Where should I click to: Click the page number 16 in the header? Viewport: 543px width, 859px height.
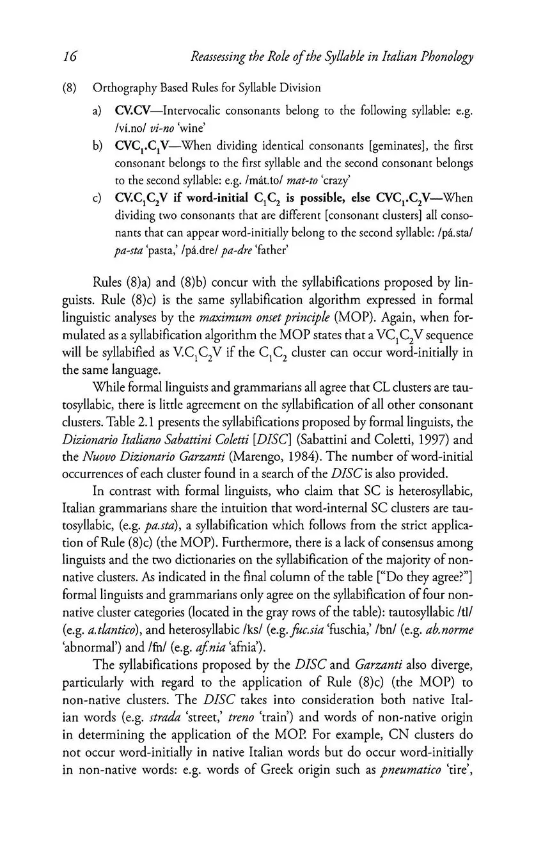tap(70, 57)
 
